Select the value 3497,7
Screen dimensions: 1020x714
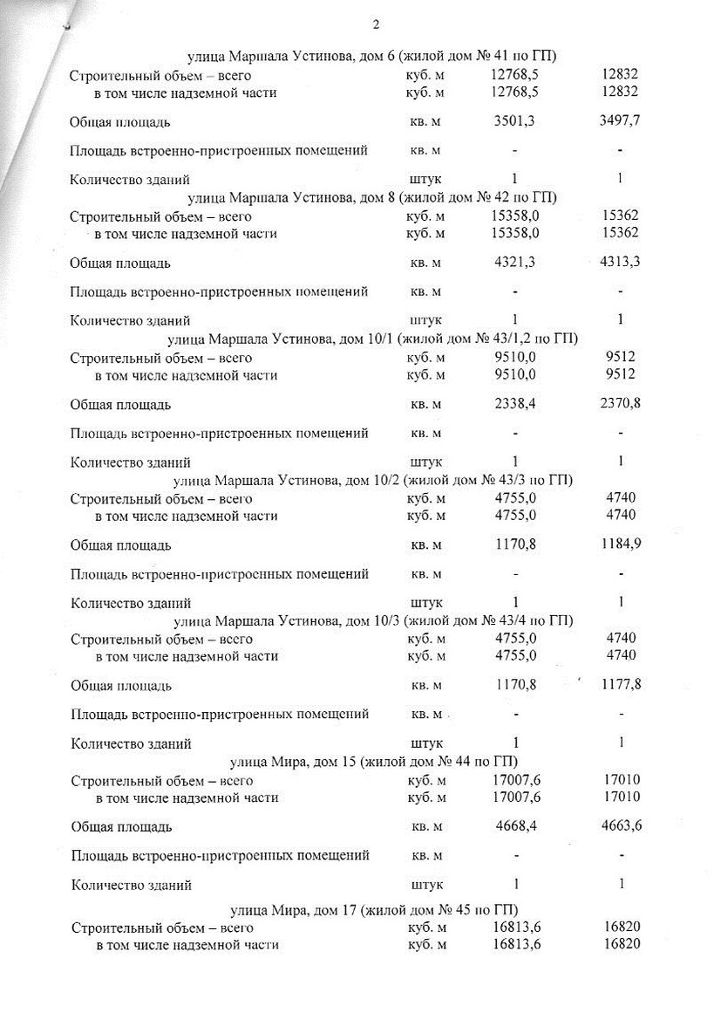[621, 121]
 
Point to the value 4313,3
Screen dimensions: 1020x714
[621, 263]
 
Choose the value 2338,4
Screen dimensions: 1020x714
[514, 404]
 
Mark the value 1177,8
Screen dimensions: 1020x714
[621, 685]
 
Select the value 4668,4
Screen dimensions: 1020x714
[514, 826]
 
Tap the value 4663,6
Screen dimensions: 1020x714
[621, 826]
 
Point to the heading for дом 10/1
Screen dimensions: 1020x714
[372, 339]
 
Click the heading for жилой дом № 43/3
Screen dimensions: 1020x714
[372, 480]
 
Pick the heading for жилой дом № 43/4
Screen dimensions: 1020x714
[372, 620]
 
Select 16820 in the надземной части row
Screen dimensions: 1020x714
[621, 945]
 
